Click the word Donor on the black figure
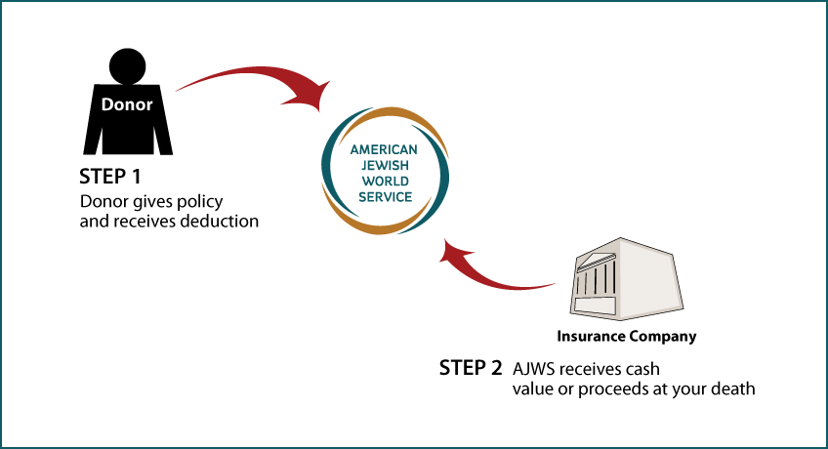127,104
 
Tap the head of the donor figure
127,66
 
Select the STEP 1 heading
109,177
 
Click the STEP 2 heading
471,368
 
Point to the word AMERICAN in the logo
384,150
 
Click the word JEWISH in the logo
385,166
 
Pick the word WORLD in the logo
385,182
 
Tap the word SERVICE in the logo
385,197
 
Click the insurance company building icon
626,278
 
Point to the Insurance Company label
626,337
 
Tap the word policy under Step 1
199,202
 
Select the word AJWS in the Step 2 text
533,369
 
